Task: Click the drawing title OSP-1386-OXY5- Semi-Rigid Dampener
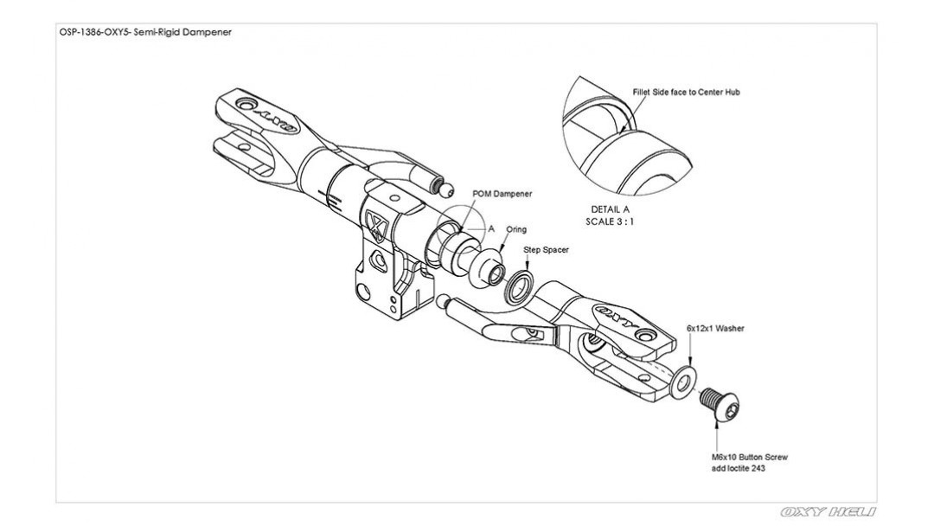(x=145, y=32)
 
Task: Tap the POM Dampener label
(x=502, y=194)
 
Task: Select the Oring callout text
(x=516, y=229)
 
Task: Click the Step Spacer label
(x=547, y=250)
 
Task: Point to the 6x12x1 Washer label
(x=715, y=328)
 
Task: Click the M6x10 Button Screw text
(x=749, y=458)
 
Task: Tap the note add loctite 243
(x=739, y=468)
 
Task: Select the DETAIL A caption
(x=610, y=209)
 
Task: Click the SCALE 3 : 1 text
(x=610, y=221)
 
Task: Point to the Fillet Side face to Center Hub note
(x=686, y=93)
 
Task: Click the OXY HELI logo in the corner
(x=828, y=511)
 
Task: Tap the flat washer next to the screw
(x=683, y=382)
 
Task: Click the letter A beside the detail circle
(x=491, y=228)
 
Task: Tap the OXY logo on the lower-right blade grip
(x=617, y=316)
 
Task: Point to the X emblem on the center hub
(x=377, y=227)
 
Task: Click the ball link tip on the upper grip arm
(x=445, y=190)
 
